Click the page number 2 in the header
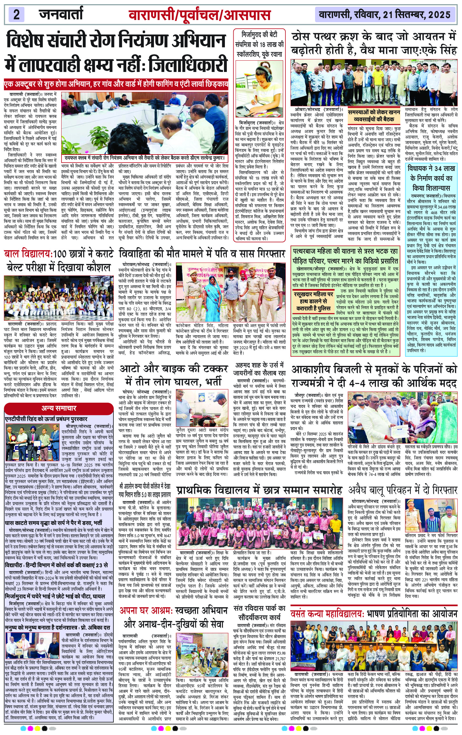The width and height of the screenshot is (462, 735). pos(16,15)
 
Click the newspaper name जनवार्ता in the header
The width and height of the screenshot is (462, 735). pos(61,14)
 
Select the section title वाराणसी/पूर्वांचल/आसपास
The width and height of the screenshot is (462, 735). pos(199,15)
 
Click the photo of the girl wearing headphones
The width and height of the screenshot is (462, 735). pos(259,89)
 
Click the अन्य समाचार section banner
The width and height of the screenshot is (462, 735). pos(59,408)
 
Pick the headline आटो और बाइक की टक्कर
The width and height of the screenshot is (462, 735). pos(174,375)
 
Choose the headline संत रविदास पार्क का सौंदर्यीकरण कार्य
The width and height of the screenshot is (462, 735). pos(259,612)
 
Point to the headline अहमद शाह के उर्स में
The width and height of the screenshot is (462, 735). pos(259,369)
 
